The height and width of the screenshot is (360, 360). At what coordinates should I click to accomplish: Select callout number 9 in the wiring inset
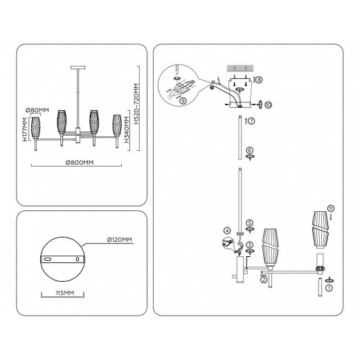[182, 101]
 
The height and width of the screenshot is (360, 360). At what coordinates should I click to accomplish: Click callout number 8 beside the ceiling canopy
[259, 80]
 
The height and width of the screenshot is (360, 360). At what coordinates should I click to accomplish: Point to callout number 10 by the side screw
[267, 105]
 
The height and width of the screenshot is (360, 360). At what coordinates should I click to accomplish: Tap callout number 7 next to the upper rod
[251, 121]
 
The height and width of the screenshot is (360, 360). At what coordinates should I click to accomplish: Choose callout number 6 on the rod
[250, 150]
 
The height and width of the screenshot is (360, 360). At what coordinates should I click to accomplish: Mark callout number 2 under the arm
[264, 280]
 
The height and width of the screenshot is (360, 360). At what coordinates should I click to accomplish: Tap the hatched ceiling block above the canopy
[238, 67]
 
